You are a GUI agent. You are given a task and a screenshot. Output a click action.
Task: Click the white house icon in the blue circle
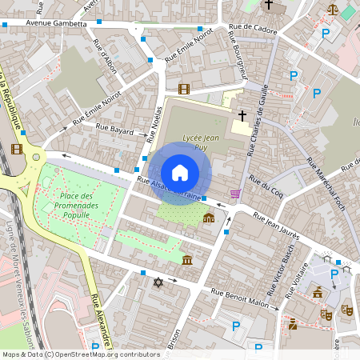coord(180,172)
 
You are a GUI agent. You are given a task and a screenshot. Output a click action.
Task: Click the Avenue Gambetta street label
coord(55,24)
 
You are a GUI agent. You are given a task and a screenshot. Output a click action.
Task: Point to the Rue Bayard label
coord(114,126)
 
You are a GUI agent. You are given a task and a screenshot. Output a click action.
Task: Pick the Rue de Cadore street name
coord(253,28)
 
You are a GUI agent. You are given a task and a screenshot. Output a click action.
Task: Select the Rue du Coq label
coord(266,188)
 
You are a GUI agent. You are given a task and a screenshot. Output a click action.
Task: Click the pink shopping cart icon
coord(234,193)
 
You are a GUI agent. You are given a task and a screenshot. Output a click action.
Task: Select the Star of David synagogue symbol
coord(158,282)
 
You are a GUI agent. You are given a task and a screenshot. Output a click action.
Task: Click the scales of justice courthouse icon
coord(332,9)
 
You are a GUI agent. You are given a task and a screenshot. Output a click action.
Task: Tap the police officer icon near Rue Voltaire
coord(293,324)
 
